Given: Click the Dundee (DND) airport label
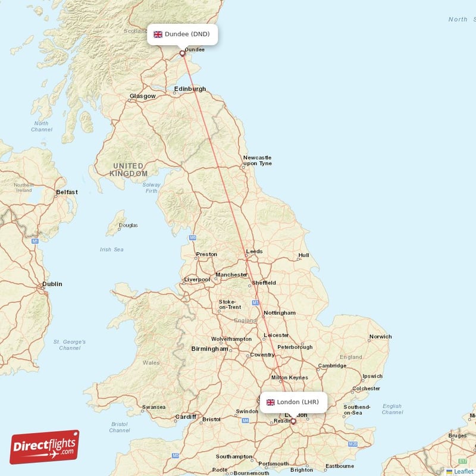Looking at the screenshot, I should pyautogui.click(x=182, y=35).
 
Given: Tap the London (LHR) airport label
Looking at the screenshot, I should pyautogui.click(x=293, y=402).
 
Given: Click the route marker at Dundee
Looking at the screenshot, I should pyautogui.click(x=183, y=53).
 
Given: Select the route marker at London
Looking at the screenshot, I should pyautogui.click(x=293, y=421).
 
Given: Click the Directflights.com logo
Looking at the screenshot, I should pyautogui.click(x=45, y=447).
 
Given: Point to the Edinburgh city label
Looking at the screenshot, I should pyautogui.click(x=190, y=89).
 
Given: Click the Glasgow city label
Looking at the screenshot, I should pyautogui.click(x=143, y=96).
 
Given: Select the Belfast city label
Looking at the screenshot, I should pyautogui.click(x=67, y=192).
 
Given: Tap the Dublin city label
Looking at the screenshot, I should pyautogui.click(x=52, y=284).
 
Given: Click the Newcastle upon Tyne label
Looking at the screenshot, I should pyautogui.click(x=257, y=160).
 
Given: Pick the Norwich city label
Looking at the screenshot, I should pyautogui.click(x=380, y=337).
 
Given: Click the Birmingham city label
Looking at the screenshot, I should pyautogui.click(x=209, y=349).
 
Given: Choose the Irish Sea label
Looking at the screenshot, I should pyautogui.click(x=111, y=249).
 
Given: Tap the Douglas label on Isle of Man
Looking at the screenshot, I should pyautogui.click(x=128, y=226).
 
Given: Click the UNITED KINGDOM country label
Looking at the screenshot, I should pyautogui.click(x=129, y=170).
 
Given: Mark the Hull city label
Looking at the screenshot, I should pyautogui.click(x=303, y=256).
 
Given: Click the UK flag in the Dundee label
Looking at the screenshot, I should pyautogui.click(x=158, y=35).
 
